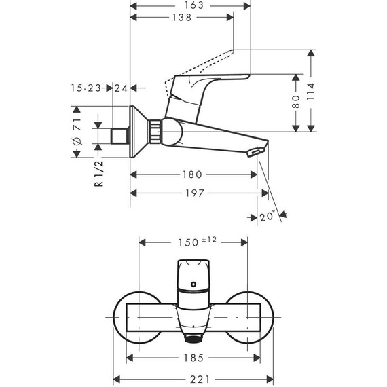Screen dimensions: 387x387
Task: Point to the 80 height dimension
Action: pyautogui.click(x=296, y=103)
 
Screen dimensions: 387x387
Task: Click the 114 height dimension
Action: pyautogui.click(x=311, y=91)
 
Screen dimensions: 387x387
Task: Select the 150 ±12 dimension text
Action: pyautogui.click(x=196, y=242)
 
